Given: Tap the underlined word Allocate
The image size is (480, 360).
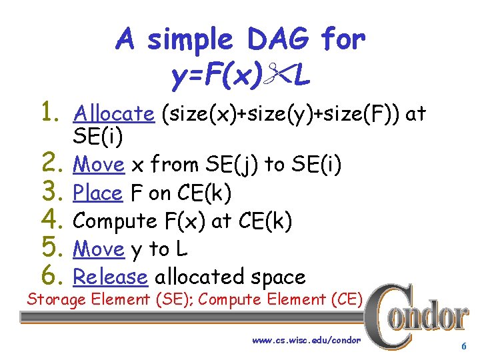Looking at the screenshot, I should point(114,114).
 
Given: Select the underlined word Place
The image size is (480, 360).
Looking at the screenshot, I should point(97,193).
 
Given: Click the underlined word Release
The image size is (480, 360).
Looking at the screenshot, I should point(109,276).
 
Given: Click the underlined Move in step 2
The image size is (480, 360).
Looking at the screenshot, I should point(99,164).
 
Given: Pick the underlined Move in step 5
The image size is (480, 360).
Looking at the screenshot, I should point(99,249).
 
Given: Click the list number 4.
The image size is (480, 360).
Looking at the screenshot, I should point(54,220).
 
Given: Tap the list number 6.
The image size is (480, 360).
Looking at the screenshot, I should point(54,275).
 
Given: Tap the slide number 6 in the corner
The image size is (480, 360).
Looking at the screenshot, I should point(463,347).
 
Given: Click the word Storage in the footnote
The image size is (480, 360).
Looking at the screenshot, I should point(56,299).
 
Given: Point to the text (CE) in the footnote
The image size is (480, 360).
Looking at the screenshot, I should point(346,299).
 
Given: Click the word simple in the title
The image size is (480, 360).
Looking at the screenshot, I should point(188,40).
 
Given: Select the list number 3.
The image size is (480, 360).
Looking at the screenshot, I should point(54,192).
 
